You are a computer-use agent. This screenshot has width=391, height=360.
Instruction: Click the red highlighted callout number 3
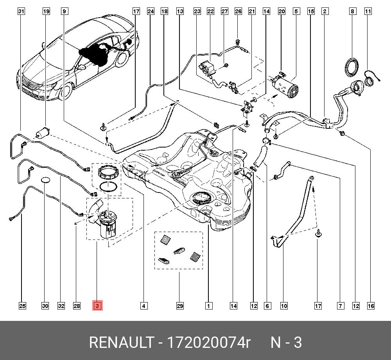97,306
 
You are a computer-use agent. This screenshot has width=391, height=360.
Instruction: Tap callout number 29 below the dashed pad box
179,306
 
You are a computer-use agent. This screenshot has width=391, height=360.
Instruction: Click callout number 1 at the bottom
209,306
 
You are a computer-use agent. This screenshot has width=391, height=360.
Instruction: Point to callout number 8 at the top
353,11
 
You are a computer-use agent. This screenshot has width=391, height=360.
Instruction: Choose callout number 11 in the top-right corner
368,11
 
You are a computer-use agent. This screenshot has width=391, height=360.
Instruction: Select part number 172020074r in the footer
208,342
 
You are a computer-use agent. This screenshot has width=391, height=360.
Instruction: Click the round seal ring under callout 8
353,66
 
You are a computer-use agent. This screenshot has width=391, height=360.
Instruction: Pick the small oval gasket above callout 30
46,180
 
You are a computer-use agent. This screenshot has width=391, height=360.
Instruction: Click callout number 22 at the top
211,11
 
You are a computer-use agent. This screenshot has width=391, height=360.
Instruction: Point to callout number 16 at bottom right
371,306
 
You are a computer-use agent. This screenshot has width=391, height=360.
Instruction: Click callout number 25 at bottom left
22,306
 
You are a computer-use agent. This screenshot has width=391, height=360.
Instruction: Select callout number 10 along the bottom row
283,306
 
